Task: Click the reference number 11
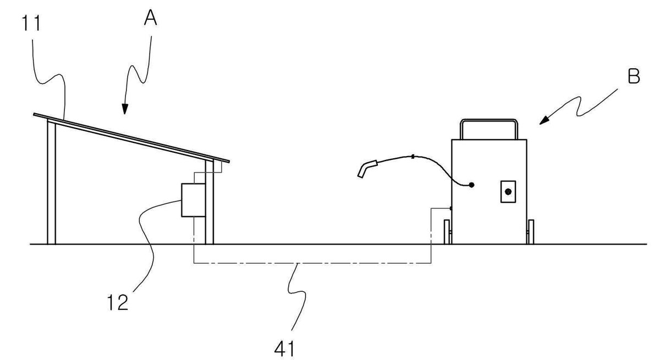pyautogui.click(x=31, y=23)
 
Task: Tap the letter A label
pyautogui.click(x=151, y=18)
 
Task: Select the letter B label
pyautogui.click(x=634, y=76)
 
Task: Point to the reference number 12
pyautogui.click(x=118, y=303)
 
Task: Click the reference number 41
pyautogui.click(x=284, y=349)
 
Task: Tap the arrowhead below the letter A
pyautogui.click(x=125, y=109)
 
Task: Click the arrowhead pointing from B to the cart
pyautogui.click(x=544, y=121)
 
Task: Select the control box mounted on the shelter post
pyautogui.click(x=193, y=200)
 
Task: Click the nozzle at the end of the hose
pyautogui.click(x=367, y=169)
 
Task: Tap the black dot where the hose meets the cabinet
pyautogui.click(x=471, y=185)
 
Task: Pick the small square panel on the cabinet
pyautogui.click(x=508, y=192)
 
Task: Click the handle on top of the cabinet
pyautogui.click(x=489, y=120)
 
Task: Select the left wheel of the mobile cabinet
pyautogui.click(x=447, y=232)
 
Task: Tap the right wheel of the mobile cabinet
pyautogui.click(x=531, y=232)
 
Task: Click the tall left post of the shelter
pyautogui.click(x=51, y=182)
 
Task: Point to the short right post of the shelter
pyautogui.click(x=210, y=202)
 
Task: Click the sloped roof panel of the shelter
pyautogui.click(x=131, y=137)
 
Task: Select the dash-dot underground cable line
pyautogui.click(x=312, y=263)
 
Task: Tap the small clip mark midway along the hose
pyautogui.click(x=414, y=156)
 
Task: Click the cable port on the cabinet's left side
pyautogui.click(x=451, y=208)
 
